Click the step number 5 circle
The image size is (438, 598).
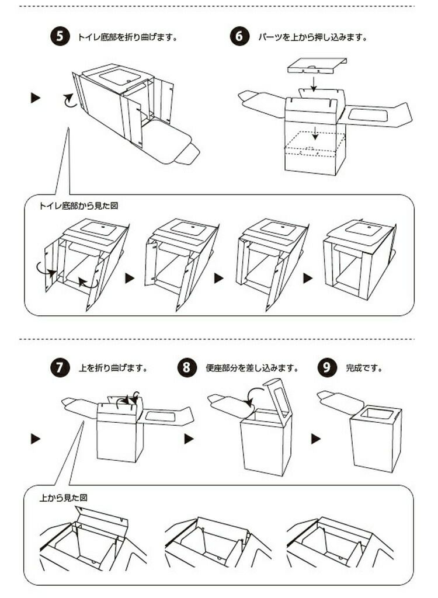60,36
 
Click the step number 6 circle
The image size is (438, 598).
239,36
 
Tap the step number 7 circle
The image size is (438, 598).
60,368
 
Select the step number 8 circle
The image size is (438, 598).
187,368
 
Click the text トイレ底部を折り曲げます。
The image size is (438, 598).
127,37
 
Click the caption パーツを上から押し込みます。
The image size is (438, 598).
312,37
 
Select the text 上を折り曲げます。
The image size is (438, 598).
113,368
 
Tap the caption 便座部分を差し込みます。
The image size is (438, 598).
252,368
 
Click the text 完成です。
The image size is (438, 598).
364,368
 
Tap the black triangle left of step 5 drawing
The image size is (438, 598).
36,98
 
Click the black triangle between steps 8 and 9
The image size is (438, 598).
316,439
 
